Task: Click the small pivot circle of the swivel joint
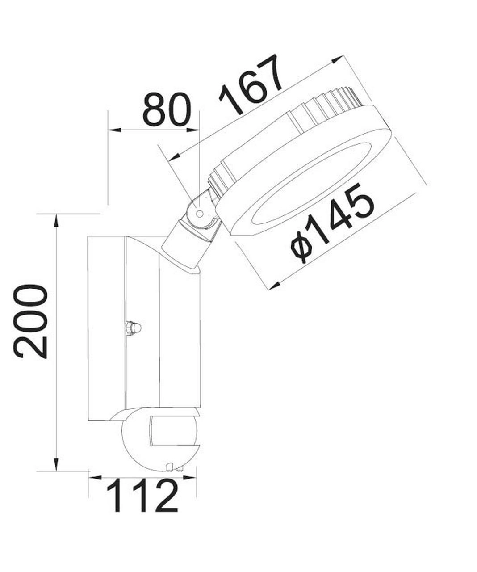(200, 213)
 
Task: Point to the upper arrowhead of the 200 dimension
(56, 220)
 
